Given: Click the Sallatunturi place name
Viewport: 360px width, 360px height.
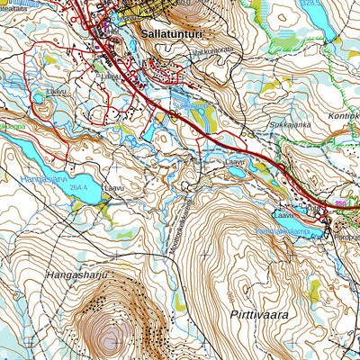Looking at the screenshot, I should click(x=171, y=32).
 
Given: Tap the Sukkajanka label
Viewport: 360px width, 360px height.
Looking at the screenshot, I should click(x=289, y=125).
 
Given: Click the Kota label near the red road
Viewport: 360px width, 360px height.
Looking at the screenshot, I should click(x=312, y=208).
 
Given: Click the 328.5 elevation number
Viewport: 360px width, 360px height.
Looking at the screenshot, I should click(x=310, y=4).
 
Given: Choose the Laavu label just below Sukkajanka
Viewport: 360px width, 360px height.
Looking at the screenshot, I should click(x=236, y=161).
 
